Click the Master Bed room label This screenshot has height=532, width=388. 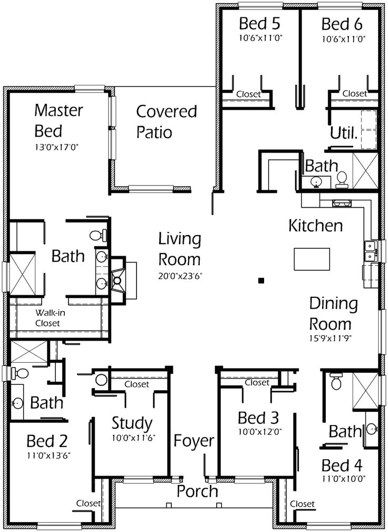58,120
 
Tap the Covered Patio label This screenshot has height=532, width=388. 166,121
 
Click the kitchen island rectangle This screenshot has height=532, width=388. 312,258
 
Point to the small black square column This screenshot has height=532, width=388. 260,280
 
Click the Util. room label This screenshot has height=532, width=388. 344,133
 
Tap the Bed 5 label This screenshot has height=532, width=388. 259,24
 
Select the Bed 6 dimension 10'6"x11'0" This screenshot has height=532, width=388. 344,38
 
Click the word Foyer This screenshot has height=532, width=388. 194,441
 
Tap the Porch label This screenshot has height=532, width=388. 197,491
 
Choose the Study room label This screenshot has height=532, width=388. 132,423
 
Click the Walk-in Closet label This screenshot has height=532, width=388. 47,318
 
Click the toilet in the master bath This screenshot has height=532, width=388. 96,236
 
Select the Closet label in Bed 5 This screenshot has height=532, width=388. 248,94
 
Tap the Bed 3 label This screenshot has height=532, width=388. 258,418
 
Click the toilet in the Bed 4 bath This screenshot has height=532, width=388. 336,382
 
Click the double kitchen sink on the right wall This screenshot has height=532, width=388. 370,251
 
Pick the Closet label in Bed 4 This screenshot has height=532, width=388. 302,504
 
